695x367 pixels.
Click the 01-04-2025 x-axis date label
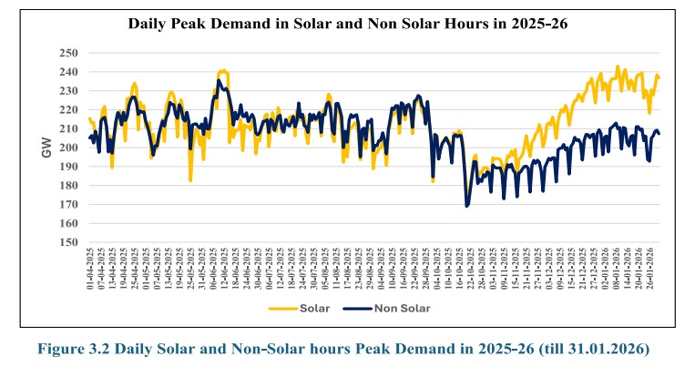(89, 270)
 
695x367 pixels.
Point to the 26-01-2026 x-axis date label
(650, 270)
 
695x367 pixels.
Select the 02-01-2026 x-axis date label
(602, 270)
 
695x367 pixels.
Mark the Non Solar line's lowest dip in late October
(467, 206)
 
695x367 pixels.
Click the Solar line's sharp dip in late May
(190, 180)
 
